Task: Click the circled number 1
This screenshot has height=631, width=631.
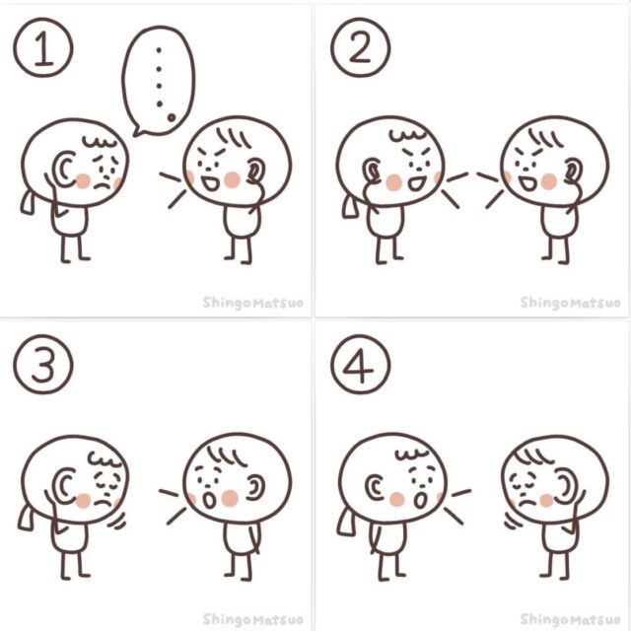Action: pyautogui.click(x=43, y=47)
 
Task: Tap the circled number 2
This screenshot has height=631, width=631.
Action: pyautogui.click(x=361, y=47)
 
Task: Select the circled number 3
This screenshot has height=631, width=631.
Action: pyautogui.click(x=43, y=364)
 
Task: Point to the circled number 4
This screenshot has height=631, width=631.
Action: pyautogui.click(x=361, y=364)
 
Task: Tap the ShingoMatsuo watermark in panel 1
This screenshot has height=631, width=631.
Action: pyautogui.click(x=252, y=303)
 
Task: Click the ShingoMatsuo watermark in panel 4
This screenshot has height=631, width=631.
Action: pyautogui.click(x=570, y=619)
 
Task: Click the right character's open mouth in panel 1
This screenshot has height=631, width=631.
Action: pyautogui.click(x=209, y=184)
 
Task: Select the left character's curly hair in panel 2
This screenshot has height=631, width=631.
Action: pyautogui.click(x=407, y=135)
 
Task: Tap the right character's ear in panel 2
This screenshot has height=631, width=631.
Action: pyautogui.click(x=573, y=171)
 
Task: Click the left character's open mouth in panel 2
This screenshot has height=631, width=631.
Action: pyautogui.click(x=417, y=183)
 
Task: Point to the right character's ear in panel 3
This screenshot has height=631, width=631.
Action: pyautogui.click(x=255, y=487)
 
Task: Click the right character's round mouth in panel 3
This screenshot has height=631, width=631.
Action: pyautogui.click(x=209, y=500)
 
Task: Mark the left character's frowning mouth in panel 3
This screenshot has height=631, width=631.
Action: pyautogui.click(x=103, y=503)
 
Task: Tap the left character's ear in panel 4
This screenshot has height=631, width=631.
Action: pyautogui.click(x=375, y=487)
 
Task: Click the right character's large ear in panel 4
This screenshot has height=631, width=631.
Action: pyautogui.click(x=565, y=487)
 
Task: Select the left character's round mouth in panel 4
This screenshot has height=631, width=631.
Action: pyautogui.click(x=421, y=500)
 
